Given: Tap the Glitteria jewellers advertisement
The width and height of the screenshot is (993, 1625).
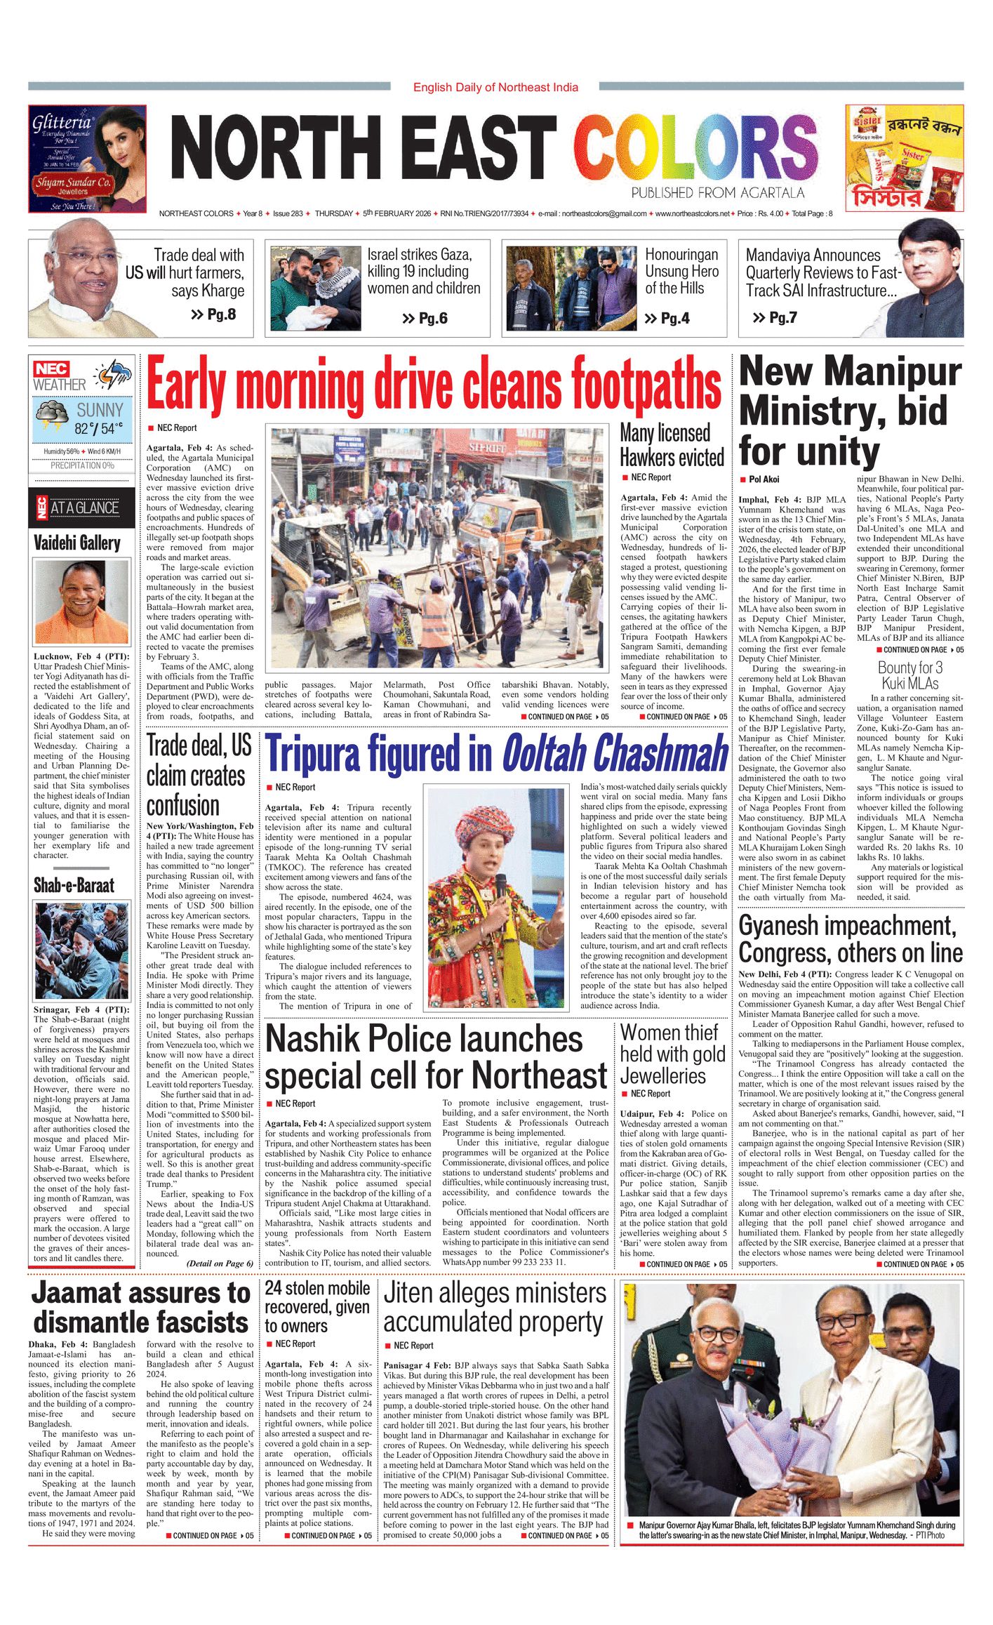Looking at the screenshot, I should pyautogui.click(x=87, y=159).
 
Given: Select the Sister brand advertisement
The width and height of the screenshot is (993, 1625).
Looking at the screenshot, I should pyautogui.click(x=904, y=159).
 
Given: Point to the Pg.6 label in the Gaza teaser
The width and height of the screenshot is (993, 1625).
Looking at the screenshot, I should pyautogui.click(x=425, y=319).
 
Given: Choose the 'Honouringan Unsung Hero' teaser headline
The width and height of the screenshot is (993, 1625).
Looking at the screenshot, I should pyautogui.click(x=681, y=271).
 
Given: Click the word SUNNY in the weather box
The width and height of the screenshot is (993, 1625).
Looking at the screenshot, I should pyautogui.click(x=100, y=410).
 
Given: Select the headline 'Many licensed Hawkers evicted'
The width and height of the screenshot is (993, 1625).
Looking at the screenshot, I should pyautogui.click(x=672, y=445).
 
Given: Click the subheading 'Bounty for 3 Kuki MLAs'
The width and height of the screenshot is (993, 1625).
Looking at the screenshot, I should pyautogui.click(x=910, y=675).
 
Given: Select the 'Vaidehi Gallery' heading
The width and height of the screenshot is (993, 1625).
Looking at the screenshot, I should pyautogui.click(x=77, y=543).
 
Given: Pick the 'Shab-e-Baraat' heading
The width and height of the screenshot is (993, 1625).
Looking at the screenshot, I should pyautogui.click(x=74, y=885).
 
